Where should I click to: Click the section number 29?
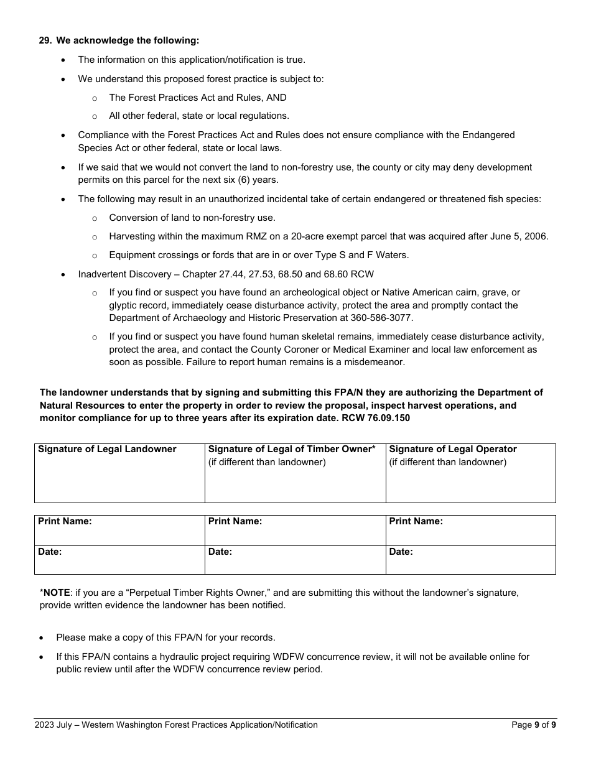[x=45, y=40]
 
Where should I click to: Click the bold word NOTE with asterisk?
[x=55, y=593]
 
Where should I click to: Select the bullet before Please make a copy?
[x=42, y=638]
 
